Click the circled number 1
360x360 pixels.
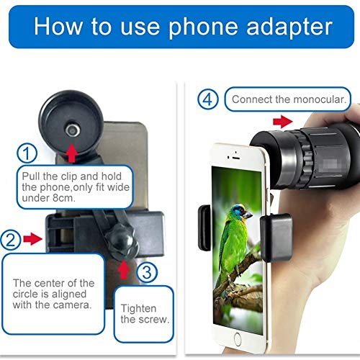click(x=27, y=153)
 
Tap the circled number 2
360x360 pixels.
click(x=10, y=238)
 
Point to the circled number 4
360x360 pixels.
click(x=209, y=99)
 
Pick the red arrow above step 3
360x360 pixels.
click(x=123, y=269)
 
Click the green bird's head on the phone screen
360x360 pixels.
click(x=240, y=212)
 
